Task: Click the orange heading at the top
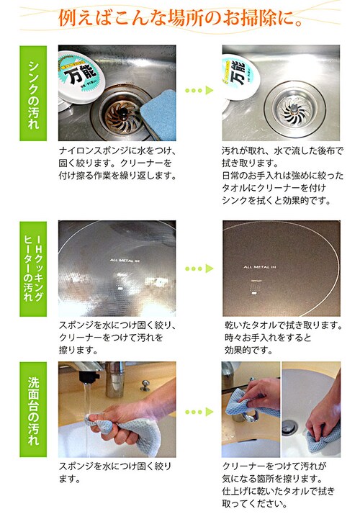[x=180, y=16]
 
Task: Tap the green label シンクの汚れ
[x=35, y=92]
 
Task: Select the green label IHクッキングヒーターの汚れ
[x=35, y=268]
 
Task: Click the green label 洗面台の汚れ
[x=35, y=407]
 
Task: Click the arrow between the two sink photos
[x=199, y=92]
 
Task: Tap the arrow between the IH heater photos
[x=199, y=269]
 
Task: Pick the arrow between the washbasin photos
[x=199, y=412]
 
